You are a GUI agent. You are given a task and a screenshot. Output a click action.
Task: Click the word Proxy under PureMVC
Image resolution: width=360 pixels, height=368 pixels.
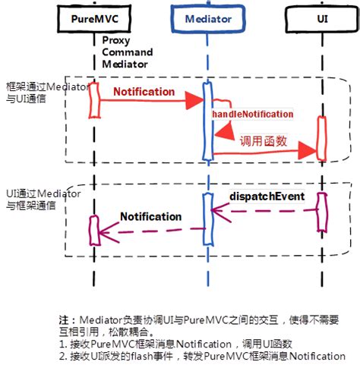[x=113, y=40]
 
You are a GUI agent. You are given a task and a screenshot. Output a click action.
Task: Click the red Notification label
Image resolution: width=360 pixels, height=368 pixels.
[x=144, y=92]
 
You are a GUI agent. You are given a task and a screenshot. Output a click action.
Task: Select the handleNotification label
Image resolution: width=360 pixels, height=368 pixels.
[x=252, y=114]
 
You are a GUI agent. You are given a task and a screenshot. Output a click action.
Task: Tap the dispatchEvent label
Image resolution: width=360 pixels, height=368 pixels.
[x=267, y=197]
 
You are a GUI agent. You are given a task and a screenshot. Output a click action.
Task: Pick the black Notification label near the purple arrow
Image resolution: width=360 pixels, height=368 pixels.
[x=150, y=217]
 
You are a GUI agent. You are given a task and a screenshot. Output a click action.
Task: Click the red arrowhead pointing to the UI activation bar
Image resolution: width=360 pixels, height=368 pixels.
[x=308, y=151]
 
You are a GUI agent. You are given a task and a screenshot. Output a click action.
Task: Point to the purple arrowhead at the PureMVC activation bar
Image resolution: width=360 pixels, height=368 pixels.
[x=106, y=231]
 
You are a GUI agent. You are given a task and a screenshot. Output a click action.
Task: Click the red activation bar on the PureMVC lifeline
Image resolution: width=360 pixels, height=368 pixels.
[x=94, y=100]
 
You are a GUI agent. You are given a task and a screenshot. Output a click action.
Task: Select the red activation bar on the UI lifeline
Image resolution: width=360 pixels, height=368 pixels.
[x=322, y=138]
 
